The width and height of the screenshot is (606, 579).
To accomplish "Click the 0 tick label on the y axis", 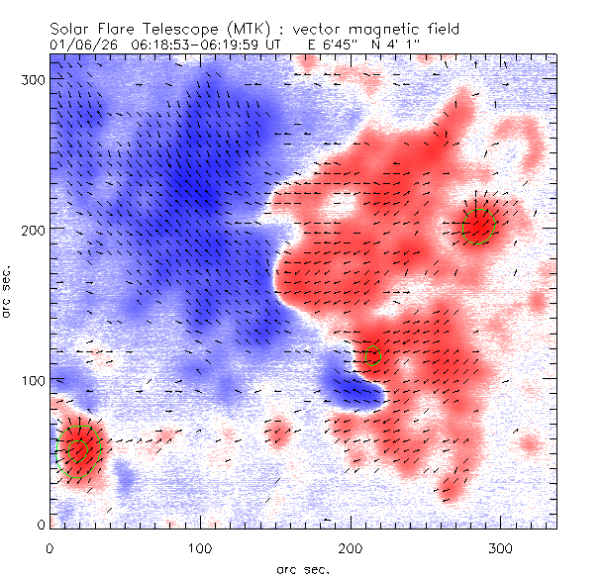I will coord(40,524).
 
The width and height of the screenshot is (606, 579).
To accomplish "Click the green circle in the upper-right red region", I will coord(480,227).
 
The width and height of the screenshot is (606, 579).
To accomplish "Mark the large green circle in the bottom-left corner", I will coord(77,450).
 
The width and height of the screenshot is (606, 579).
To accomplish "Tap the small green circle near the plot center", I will coord(372,355).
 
